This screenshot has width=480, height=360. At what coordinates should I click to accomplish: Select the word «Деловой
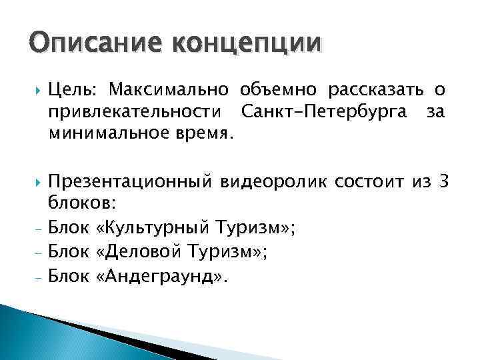click(145, 252)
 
